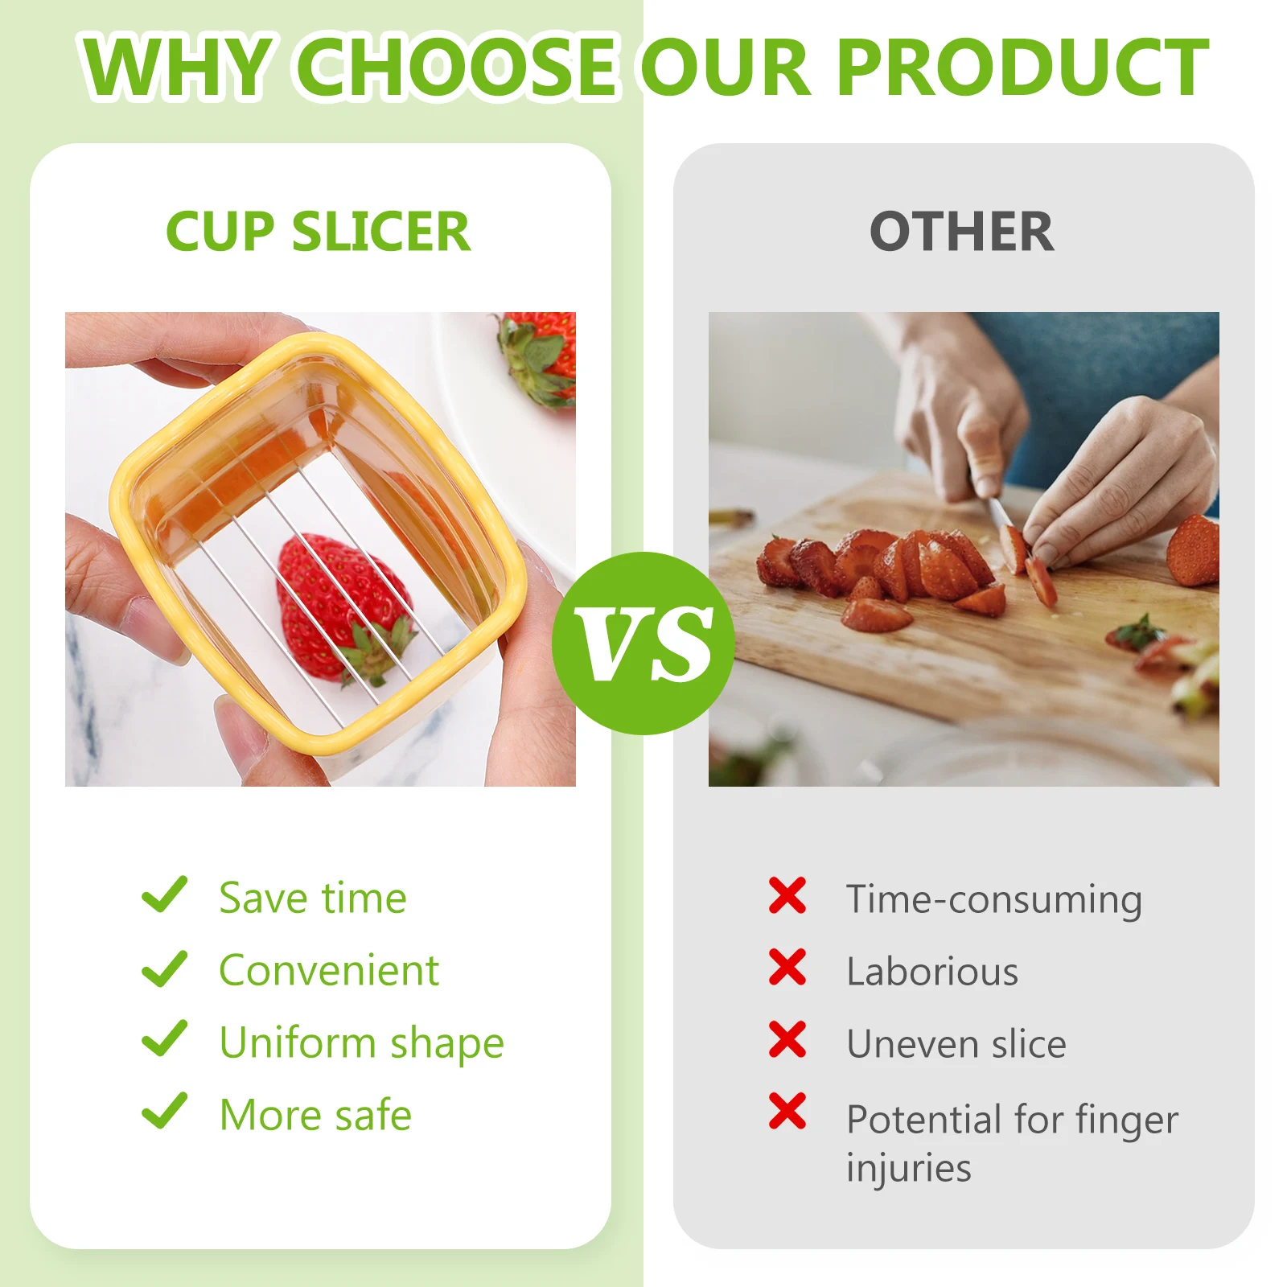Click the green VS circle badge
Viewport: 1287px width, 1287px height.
coord(643,643)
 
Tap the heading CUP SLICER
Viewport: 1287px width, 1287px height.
coord(318,232)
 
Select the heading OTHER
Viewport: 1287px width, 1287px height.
coord(962,232)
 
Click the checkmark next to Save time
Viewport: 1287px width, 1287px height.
coord(164,895)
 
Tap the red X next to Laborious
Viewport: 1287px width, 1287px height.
coord(787,967)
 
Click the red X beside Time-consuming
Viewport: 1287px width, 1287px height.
coord(787,895)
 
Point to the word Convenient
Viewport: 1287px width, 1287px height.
coord(329,970)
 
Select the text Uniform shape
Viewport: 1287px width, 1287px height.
coord(361,1043)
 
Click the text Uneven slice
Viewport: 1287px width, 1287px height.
coord(956,1044)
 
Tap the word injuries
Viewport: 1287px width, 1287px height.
coord(909,1168)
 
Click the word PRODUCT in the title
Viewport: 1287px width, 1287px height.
coord(1022,68)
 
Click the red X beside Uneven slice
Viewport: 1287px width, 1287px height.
coord(787,1039)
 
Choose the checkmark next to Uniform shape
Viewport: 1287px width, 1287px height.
coord(164,1039)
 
